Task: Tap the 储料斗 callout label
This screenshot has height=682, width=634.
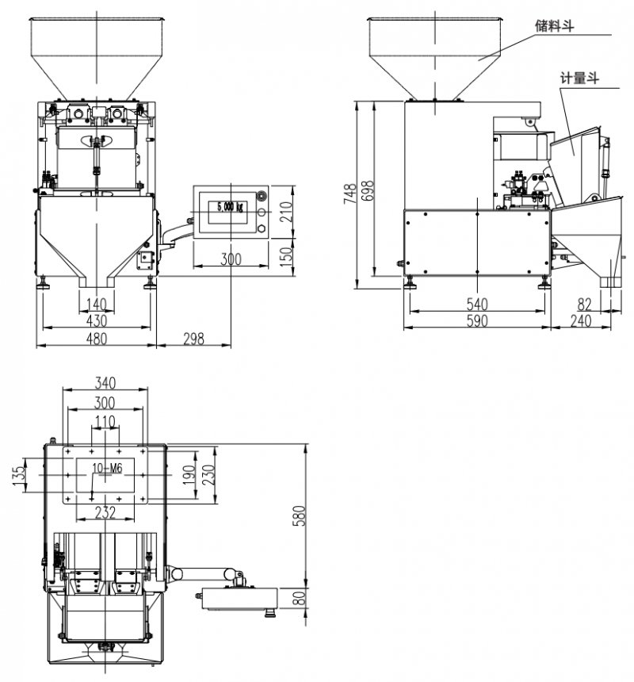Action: (x=554, y=26)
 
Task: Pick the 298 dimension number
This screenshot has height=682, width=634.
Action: (x=193, y=339)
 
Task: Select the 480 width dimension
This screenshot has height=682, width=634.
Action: (x=96, y=339)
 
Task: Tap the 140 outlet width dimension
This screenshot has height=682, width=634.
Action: (x=96, y=304)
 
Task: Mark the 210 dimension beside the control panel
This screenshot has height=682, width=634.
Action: (x=287, y=210)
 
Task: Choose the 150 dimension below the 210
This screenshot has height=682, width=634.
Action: (x=287, y=255)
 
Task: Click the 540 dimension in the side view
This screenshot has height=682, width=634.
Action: (x=477, y=304)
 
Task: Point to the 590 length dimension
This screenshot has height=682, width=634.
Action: (x=477, y=320)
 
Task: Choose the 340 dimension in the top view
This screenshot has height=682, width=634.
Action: (x=105, y=382)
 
